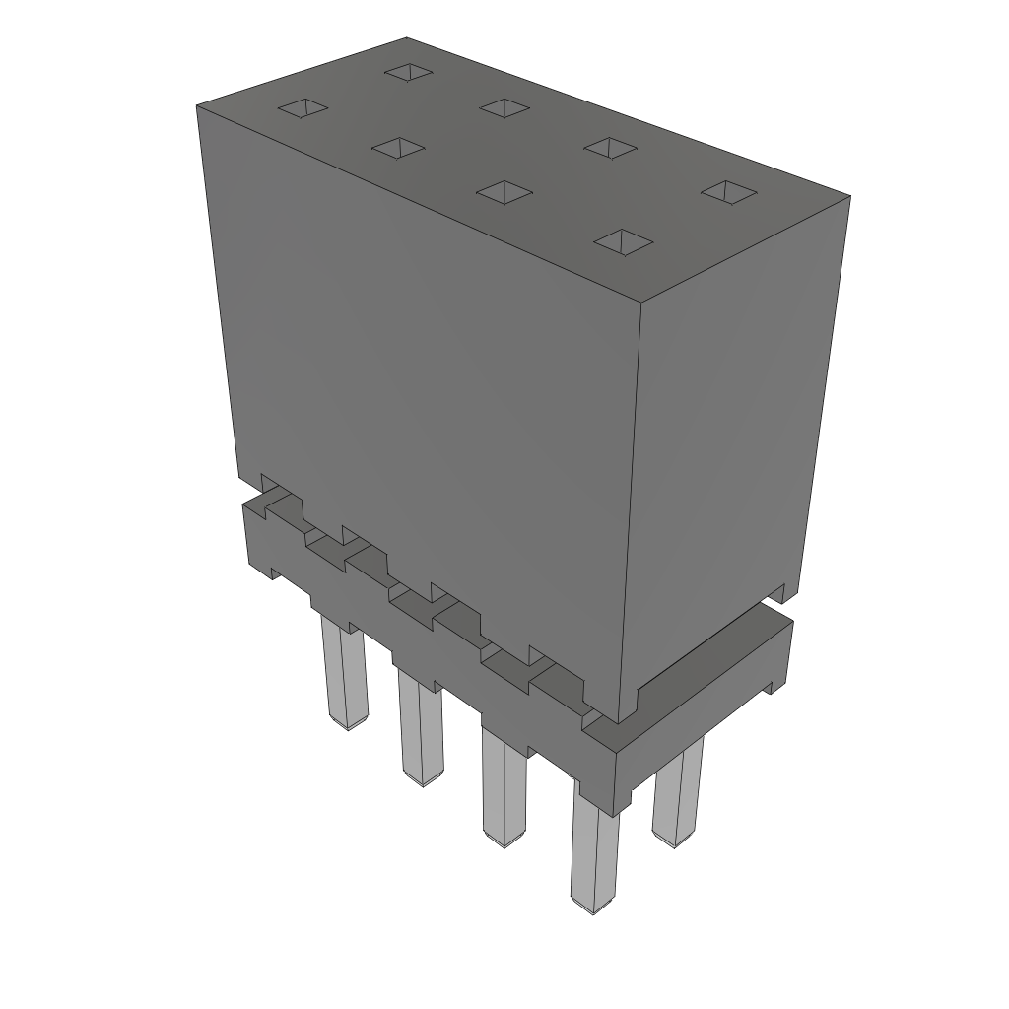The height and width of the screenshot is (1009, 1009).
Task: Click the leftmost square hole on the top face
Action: (302, 107)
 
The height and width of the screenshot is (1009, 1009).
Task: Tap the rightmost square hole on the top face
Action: (727, 192)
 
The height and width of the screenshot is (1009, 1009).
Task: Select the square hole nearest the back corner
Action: (410, 71)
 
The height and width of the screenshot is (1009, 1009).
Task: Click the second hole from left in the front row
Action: (398, 148)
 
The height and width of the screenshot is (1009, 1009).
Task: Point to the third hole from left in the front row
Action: (504, 191)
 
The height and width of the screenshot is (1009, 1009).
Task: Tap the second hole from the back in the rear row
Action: (505, 107)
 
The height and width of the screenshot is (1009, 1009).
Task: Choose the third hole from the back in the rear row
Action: (609, 147)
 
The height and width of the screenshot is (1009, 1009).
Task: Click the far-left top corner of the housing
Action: (198, 104)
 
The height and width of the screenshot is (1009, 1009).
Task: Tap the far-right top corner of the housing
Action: (849, 196)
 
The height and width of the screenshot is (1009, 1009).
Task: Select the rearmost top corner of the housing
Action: (407, 38)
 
